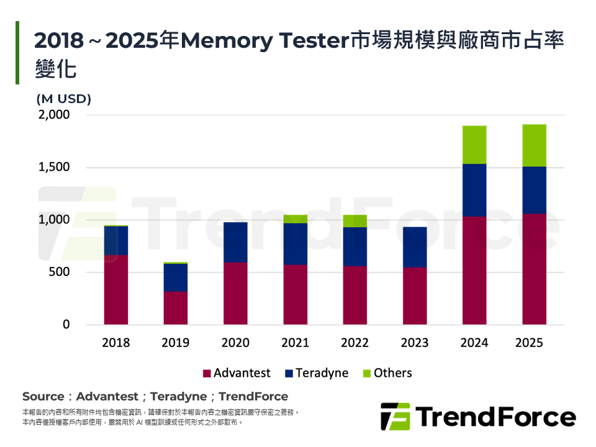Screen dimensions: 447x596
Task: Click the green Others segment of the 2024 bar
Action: coord(474,145)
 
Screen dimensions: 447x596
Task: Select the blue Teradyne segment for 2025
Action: coord(534,190)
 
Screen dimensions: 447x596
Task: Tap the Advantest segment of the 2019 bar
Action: coord(176,308)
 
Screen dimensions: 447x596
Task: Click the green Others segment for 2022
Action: coord(355,221)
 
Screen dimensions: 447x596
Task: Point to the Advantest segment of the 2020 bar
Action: coord(235,293)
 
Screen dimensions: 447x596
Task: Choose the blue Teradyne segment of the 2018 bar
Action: coord(116,240)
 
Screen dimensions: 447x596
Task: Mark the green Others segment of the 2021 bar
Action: coord(296,219)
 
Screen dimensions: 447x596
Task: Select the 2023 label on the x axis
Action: coord(415,343)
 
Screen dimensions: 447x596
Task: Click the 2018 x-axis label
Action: coord(116,343)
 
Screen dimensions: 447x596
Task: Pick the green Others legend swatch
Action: coord(366,374)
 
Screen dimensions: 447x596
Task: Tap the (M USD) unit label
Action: coord(63,99)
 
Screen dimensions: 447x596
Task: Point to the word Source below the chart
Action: coord(43,396)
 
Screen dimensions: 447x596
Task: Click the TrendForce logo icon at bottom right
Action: coord(395,417)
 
